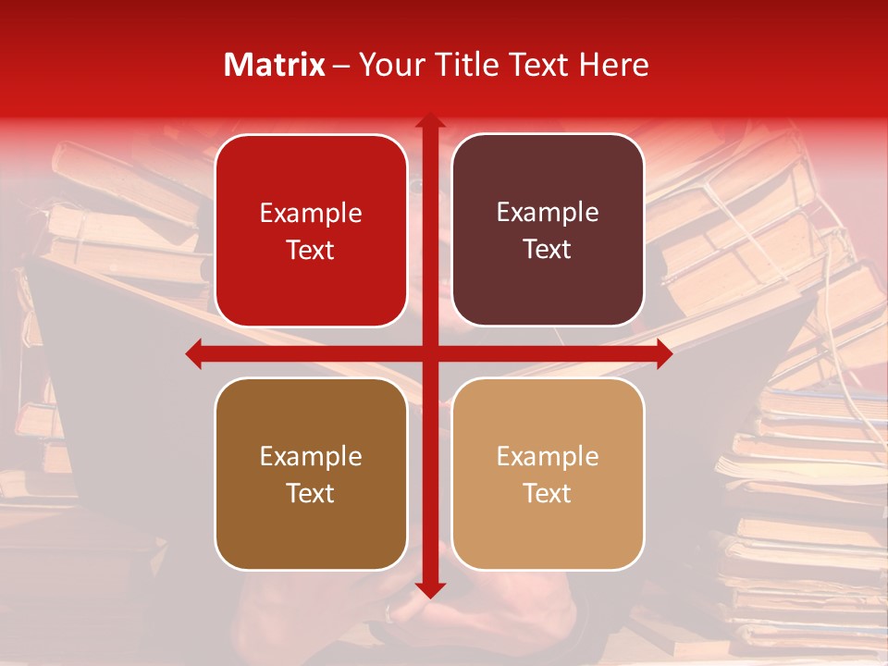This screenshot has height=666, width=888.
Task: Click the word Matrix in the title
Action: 275,65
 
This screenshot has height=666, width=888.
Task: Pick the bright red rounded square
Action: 311,231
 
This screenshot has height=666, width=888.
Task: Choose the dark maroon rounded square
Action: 548,230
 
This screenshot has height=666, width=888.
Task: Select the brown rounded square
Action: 311,474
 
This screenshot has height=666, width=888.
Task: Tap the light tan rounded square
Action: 548,474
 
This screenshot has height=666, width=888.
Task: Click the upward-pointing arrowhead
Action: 429,121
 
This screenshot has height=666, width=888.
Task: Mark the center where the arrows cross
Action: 429,353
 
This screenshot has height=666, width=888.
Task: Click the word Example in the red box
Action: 311,214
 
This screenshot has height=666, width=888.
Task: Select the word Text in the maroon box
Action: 548,250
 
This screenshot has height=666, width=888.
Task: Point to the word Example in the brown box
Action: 311,456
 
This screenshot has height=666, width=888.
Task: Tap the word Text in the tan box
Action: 548,493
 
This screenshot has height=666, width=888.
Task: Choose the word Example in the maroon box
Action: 548,213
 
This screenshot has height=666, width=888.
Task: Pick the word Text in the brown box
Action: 311,493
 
